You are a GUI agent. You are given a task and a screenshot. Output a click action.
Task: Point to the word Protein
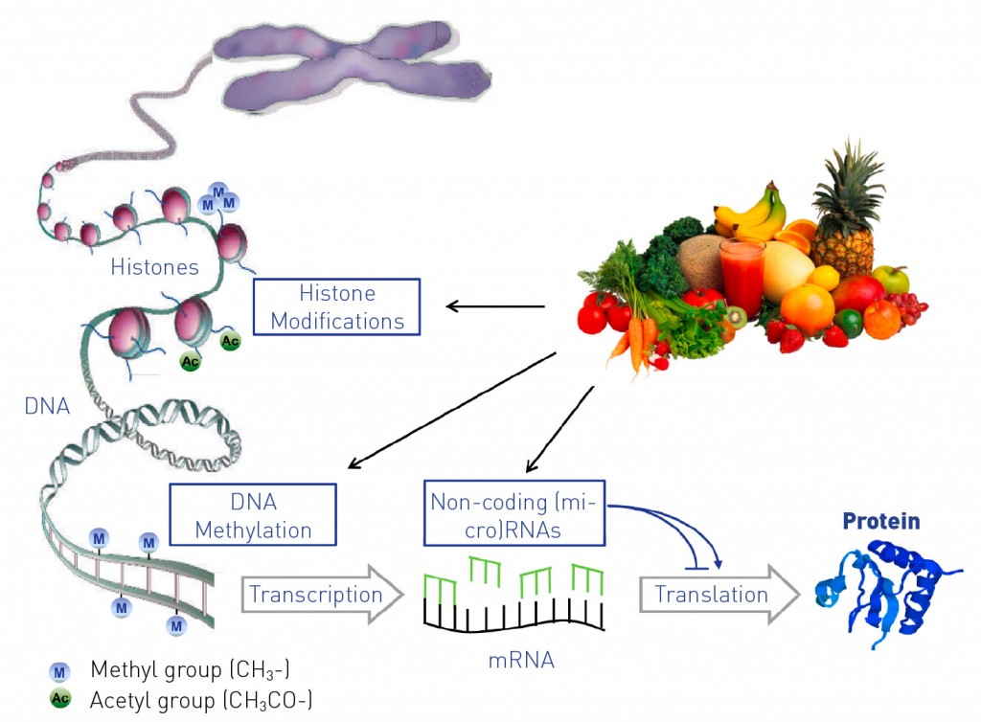coord(881,521)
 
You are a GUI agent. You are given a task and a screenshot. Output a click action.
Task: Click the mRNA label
coord(521,660)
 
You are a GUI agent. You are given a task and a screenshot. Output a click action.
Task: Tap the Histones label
coord(154,267)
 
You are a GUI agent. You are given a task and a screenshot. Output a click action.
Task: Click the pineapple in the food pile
coord(845,213)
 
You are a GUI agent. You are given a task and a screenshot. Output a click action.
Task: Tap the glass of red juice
coord(742,275)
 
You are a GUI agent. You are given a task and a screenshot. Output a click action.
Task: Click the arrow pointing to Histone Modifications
coord(495,306)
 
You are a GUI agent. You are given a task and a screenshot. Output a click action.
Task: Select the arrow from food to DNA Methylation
coord(452,410)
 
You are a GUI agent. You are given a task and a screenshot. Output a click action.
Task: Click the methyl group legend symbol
coord(59,672)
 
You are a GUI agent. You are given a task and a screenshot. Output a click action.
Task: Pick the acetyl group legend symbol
coord(60,698)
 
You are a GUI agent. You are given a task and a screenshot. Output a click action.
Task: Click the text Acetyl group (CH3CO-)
coord(201,700)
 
